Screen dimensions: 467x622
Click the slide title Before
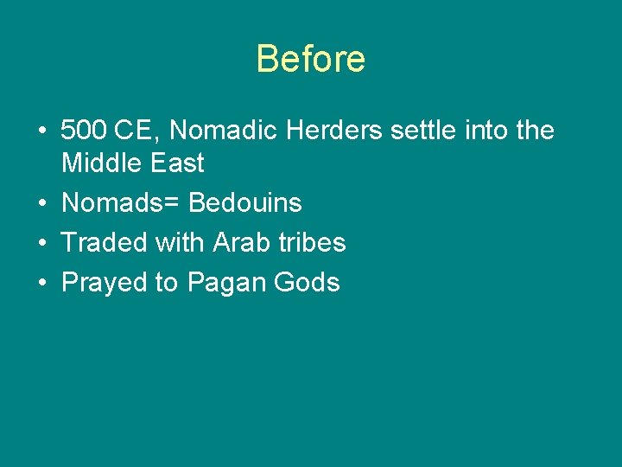point(311,60)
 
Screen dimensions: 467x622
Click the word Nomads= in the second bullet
point(121,203)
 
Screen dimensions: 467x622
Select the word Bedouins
point(245,203)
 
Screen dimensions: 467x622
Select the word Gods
point(308,283)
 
